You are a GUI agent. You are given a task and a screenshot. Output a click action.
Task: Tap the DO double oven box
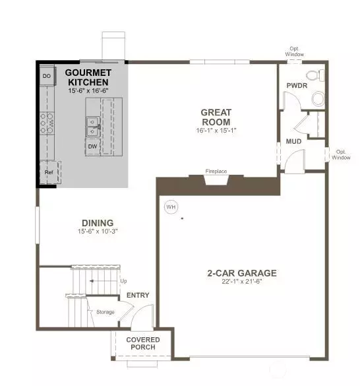click(x=47, y=76)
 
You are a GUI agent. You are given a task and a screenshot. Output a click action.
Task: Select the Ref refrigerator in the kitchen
click(x=49, y=172)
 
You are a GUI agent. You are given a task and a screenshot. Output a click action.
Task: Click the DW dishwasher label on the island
click(x=93, y=146)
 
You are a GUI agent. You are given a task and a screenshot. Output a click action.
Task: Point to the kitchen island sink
click(x=92, y=124)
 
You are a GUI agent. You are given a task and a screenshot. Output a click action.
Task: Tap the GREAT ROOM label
click(x=216, y=117)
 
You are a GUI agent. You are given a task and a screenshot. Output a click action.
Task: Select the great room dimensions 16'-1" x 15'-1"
click(x=216, y=131)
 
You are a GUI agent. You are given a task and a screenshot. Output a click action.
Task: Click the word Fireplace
click(x=216, y=172)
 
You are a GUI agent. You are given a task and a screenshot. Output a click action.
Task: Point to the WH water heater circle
click(x=171, y=207)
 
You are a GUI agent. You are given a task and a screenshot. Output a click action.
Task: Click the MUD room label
click(x=293, y=141)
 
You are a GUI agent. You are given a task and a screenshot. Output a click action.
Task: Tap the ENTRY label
click(x=138, y=295)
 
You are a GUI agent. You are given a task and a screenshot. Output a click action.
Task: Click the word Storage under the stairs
click(x=105, y=312)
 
